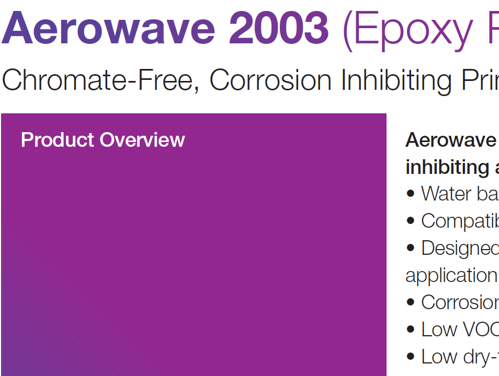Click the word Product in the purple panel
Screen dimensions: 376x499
(58, 140)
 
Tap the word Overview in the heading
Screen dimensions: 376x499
(142, 140)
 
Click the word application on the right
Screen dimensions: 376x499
(451, 276)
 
